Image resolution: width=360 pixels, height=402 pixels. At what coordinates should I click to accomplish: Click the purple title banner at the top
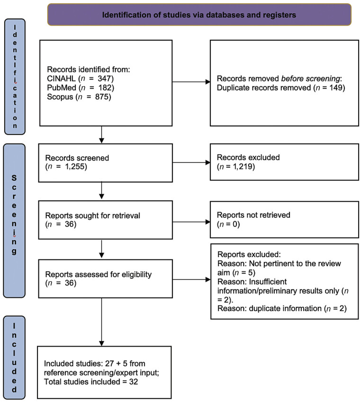pos(199,15)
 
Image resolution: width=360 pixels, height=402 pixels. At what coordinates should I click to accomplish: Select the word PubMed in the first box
pos(62,88)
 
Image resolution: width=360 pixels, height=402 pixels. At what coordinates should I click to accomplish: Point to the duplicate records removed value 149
pos(336,88)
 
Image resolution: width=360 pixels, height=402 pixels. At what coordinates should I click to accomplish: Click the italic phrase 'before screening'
pos(311,79)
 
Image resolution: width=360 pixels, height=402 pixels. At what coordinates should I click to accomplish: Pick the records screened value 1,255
pos(75,167)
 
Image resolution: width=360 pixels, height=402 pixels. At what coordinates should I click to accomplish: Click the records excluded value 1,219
pos(243,167)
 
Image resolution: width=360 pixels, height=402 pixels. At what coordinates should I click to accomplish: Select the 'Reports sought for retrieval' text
pos(92,215)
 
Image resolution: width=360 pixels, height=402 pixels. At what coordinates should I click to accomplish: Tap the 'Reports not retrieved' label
pos(253,215)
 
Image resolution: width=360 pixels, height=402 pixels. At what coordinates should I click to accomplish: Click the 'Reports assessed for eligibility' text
pos(99,274)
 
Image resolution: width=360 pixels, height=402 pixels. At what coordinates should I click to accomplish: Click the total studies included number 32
pos(133,382)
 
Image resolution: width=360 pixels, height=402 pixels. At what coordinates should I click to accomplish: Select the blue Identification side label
pos(15,77)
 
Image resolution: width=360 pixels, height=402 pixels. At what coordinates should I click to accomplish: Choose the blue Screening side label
pos(14,221)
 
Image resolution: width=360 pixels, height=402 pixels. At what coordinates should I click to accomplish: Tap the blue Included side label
pos(14,357)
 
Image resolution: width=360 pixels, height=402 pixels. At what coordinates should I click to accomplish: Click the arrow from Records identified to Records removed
pos(191,82)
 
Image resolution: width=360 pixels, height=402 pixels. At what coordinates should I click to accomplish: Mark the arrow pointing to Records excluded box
pos(191,162)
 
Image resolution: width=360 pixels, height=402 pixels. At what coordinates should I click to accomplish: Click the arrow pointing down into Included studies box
pos(101,322)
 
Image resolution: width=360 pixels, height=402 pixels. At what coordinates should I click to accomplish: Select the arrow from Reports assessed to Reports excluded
pos(191,279)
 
